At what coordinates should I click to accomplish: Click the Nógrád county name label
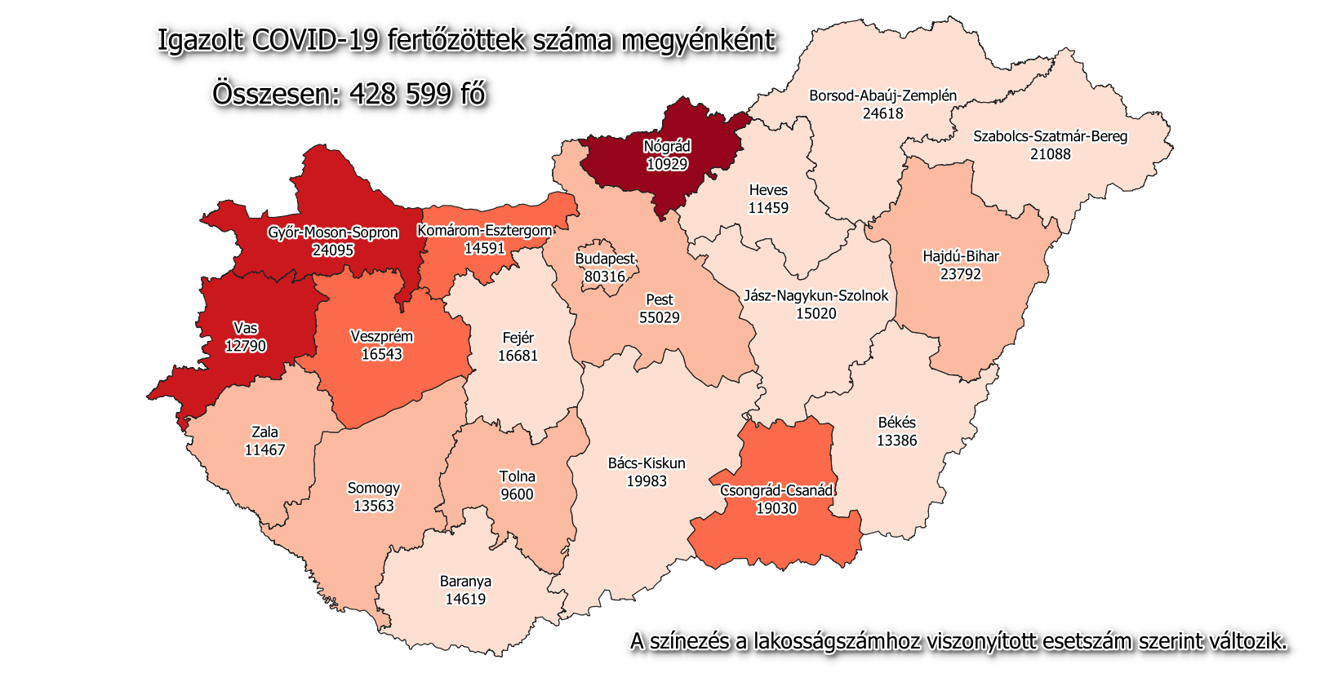coord(667,147)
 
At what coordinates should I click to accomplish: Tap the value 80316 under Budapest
coord(605,277)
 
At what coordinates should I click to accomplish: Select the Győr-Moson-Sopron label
coord(333,232)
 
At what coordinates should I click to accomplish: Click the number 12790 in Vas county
coord(246,346)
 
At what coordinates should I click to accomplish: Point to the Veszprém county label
coord(381,336)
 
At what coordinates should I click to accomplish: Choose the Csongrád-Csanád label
coord(776,490)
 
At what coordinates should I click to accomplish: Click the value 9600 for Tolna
coord(517,494)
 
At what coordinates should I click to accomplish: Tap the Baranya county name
coord(465,582)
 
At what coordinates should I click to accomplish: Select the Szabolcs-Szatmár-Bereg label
coord(1050,136)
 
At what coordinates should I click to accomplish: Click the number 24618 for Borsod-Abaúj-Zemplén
coord(882,113)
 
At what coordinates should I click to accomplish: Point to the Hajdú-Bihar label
coord(960,256)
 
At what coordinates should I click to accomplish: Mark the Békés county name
coord(896,423)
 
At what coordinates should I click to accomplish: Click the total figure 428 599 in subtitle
coord(400,95)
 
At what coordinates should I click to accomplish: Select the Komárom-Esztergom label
coord(484,231)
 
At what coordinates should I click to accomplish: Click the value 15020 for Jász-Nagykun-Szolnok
coord(816,313)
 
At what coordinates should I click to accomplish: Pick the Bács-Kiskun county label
coord(647,463)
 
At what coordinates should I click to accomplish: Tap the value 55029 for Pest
coord(659,317)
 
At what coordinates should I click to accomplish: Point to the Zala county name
coord(264,432)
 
